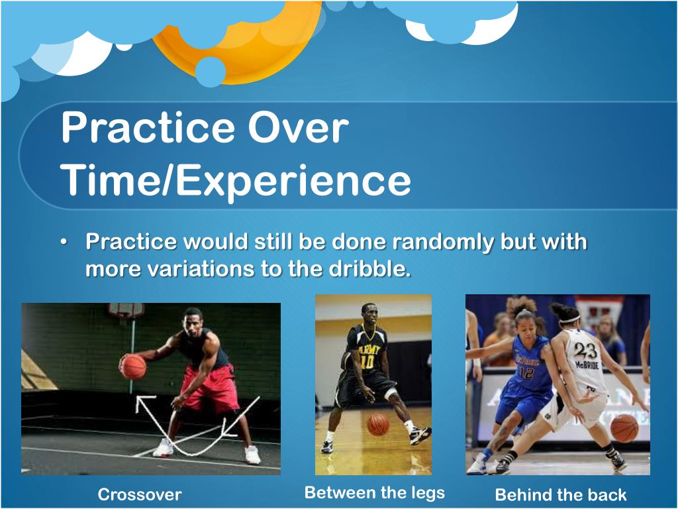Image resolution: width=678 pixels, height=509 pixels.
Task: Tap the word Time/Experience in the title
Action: [236, 180]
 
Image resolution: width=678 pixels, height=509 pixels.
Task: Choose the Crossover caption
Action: [139, 494]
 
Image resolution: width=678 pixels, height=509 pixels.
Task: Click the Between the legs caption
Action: [375, 492]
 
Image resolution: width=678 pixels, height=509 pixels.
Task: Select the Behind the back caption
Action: [561, 494]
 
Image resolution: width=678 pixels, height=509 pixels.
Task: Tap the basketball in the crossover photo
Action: [132, 367]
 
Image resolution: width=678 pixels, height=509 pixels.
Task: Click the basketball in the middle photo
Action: [378, 425]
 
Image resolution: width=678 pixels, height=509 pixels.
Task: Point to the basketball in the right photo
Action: [624, 428]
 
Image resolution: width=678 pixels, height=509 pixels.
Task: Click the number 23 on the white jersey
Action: [585, 351]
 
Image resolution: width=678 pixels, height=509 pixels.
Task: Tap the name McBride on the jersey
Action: [587, 365]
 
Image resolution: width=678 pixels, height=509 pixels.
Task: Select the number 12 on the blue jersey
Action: [526, 372]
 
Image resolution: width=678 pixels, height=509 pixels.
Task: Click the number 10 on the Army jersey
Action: [367, 362]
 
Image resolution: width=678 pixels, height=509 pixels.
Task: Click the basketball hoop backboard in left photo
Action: [126, 310]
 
